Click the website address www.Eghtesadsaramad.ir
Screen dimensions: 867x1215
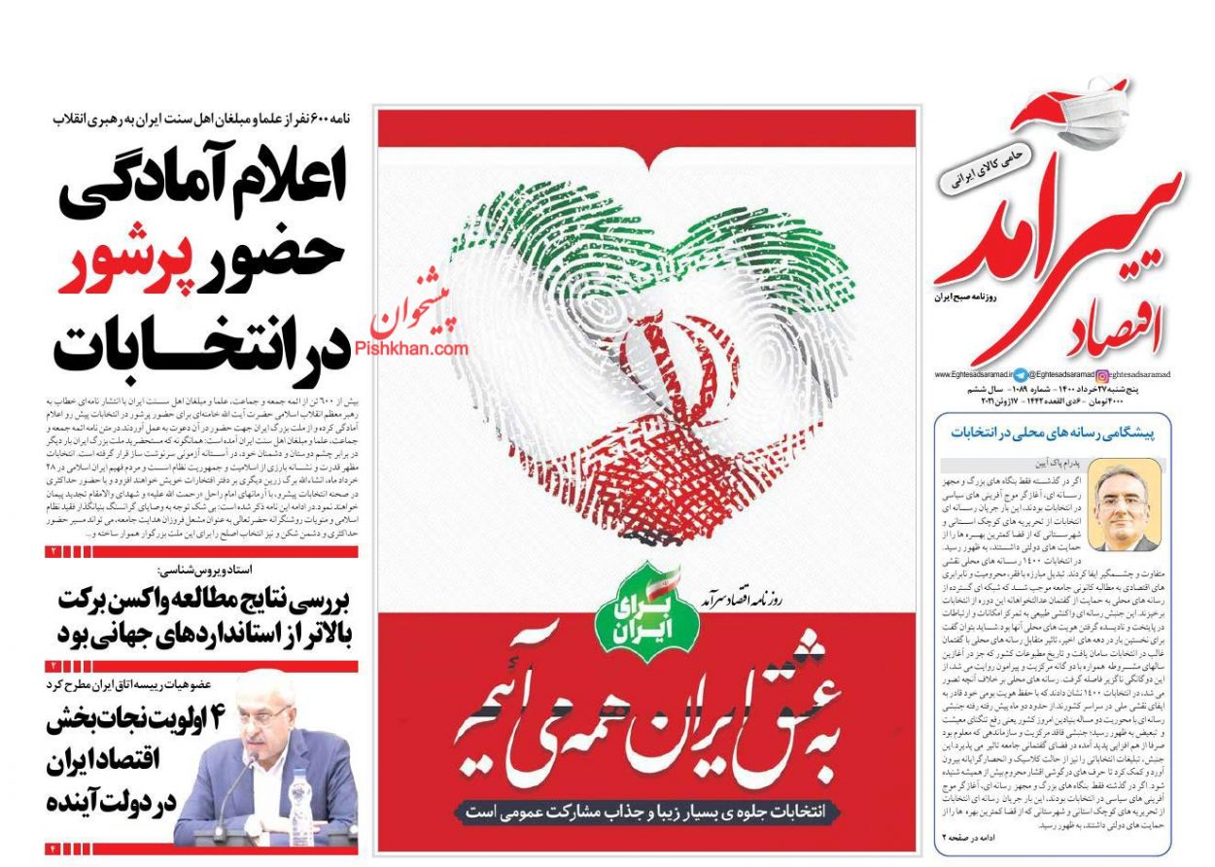(x=972, y=373)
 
